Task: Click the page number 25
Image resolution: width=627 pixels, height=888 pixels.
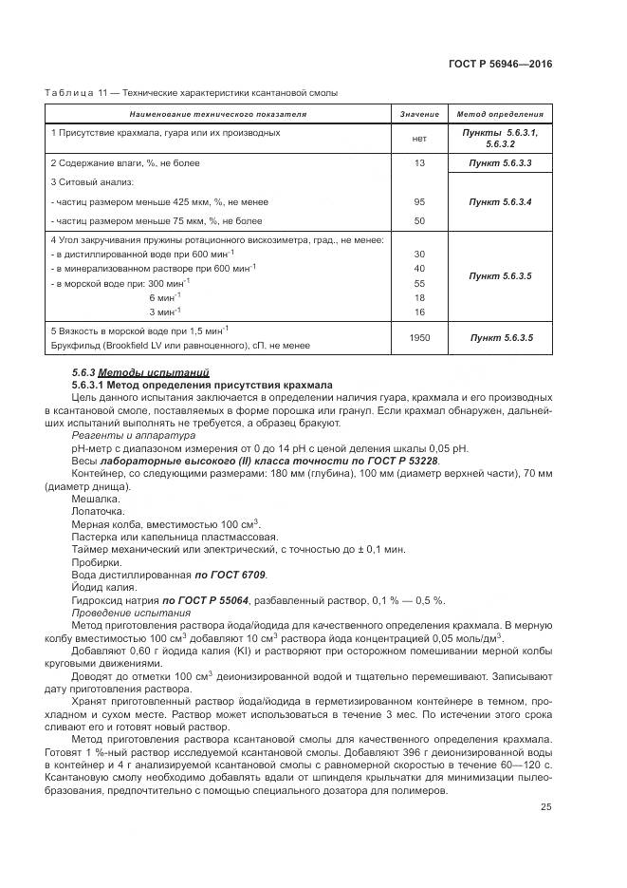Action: point(545,807)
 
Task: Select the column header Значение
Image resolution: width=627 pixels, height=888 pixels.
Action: point(418,115)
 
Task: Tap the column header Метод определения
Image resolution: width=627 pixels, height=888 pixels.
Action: point(500,115)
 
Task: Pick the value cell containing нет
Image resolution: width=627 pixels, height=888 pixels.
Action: point(418,139)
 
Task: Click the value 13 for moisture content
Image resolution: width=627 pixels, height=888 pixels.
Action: point(418,164)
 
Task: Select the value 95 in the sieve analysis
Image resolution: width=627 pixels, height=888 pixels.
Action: point(418,201)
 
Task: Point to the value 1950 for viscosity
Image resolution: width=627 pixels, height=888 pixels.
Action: point(418,337)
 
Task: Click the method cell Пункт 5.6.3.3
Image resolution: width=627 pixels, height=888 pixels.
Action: point(500,164)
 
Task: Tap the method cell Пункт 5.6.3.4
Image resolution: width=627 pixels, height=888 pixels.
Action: point(500,201)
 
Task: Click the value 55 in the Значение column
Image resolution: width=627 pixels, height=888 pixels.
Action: point(418,283)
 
